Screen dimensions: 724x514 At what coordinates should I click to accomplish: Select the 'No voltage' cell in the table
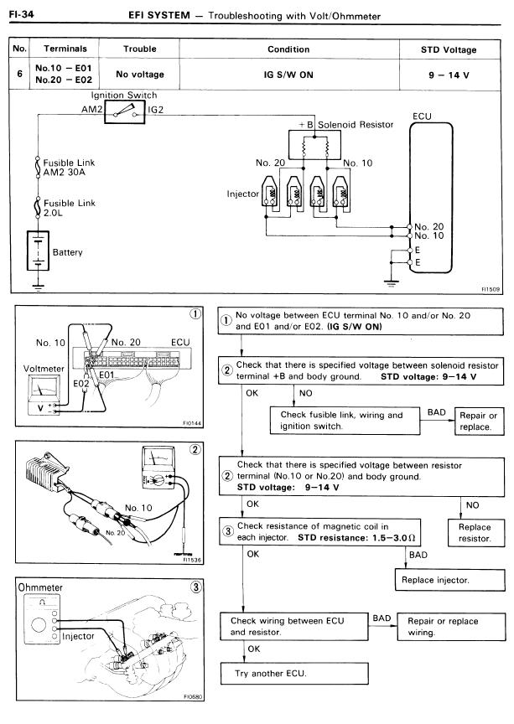click(x=140, y=75)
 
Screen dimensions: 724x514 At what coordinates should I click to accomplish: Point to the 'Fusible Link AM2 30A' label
click(x=71, y=166)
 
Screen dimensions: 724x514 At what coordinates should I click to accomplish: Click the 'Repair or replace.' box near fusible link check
click(x=480, y=421)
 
